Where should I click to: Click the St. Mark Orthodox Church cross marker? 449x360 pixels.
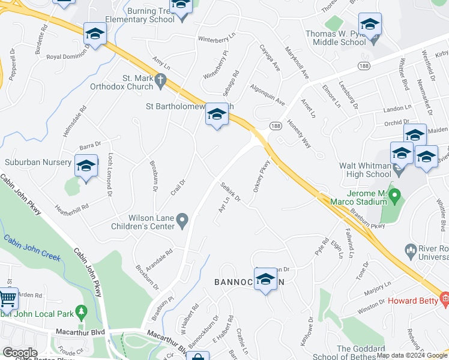pos(160,79)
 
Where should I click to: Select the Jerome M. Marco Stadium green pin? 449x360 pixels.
pos(395,196)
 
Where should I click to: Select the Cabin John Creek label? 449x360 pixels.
pos(32,248)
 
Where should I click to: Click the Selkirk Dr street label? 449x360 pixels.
pos(230,192)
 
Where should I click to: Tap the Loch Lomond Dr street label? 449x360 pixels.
pos(110,174)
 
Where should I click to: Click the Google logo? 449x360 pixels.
pos(20,353)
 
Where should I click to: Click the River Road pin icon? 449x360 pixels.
pos(411,248)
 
